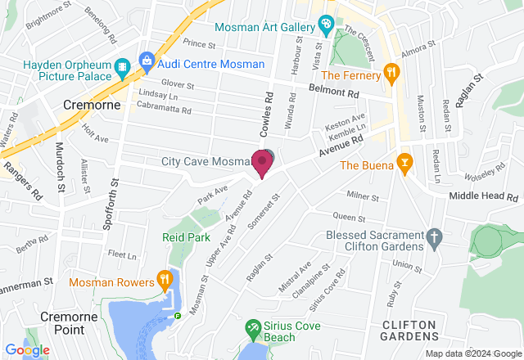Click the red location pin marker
coord(262,162)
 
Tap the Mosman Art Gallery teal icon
coord(326,25)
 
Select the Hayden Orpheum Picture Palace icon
coord(122,65)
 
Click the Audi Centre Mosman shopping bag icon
coord(147,59)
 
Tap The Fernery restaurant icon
coord(392,72)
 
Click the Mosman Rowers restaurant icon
coord(165,279)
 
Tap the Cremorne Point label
coord(64,322)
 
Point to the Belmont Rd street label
coord(334,92)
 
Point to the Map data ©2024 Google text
coord(472,353)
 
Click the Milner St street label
coord(362,196)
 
